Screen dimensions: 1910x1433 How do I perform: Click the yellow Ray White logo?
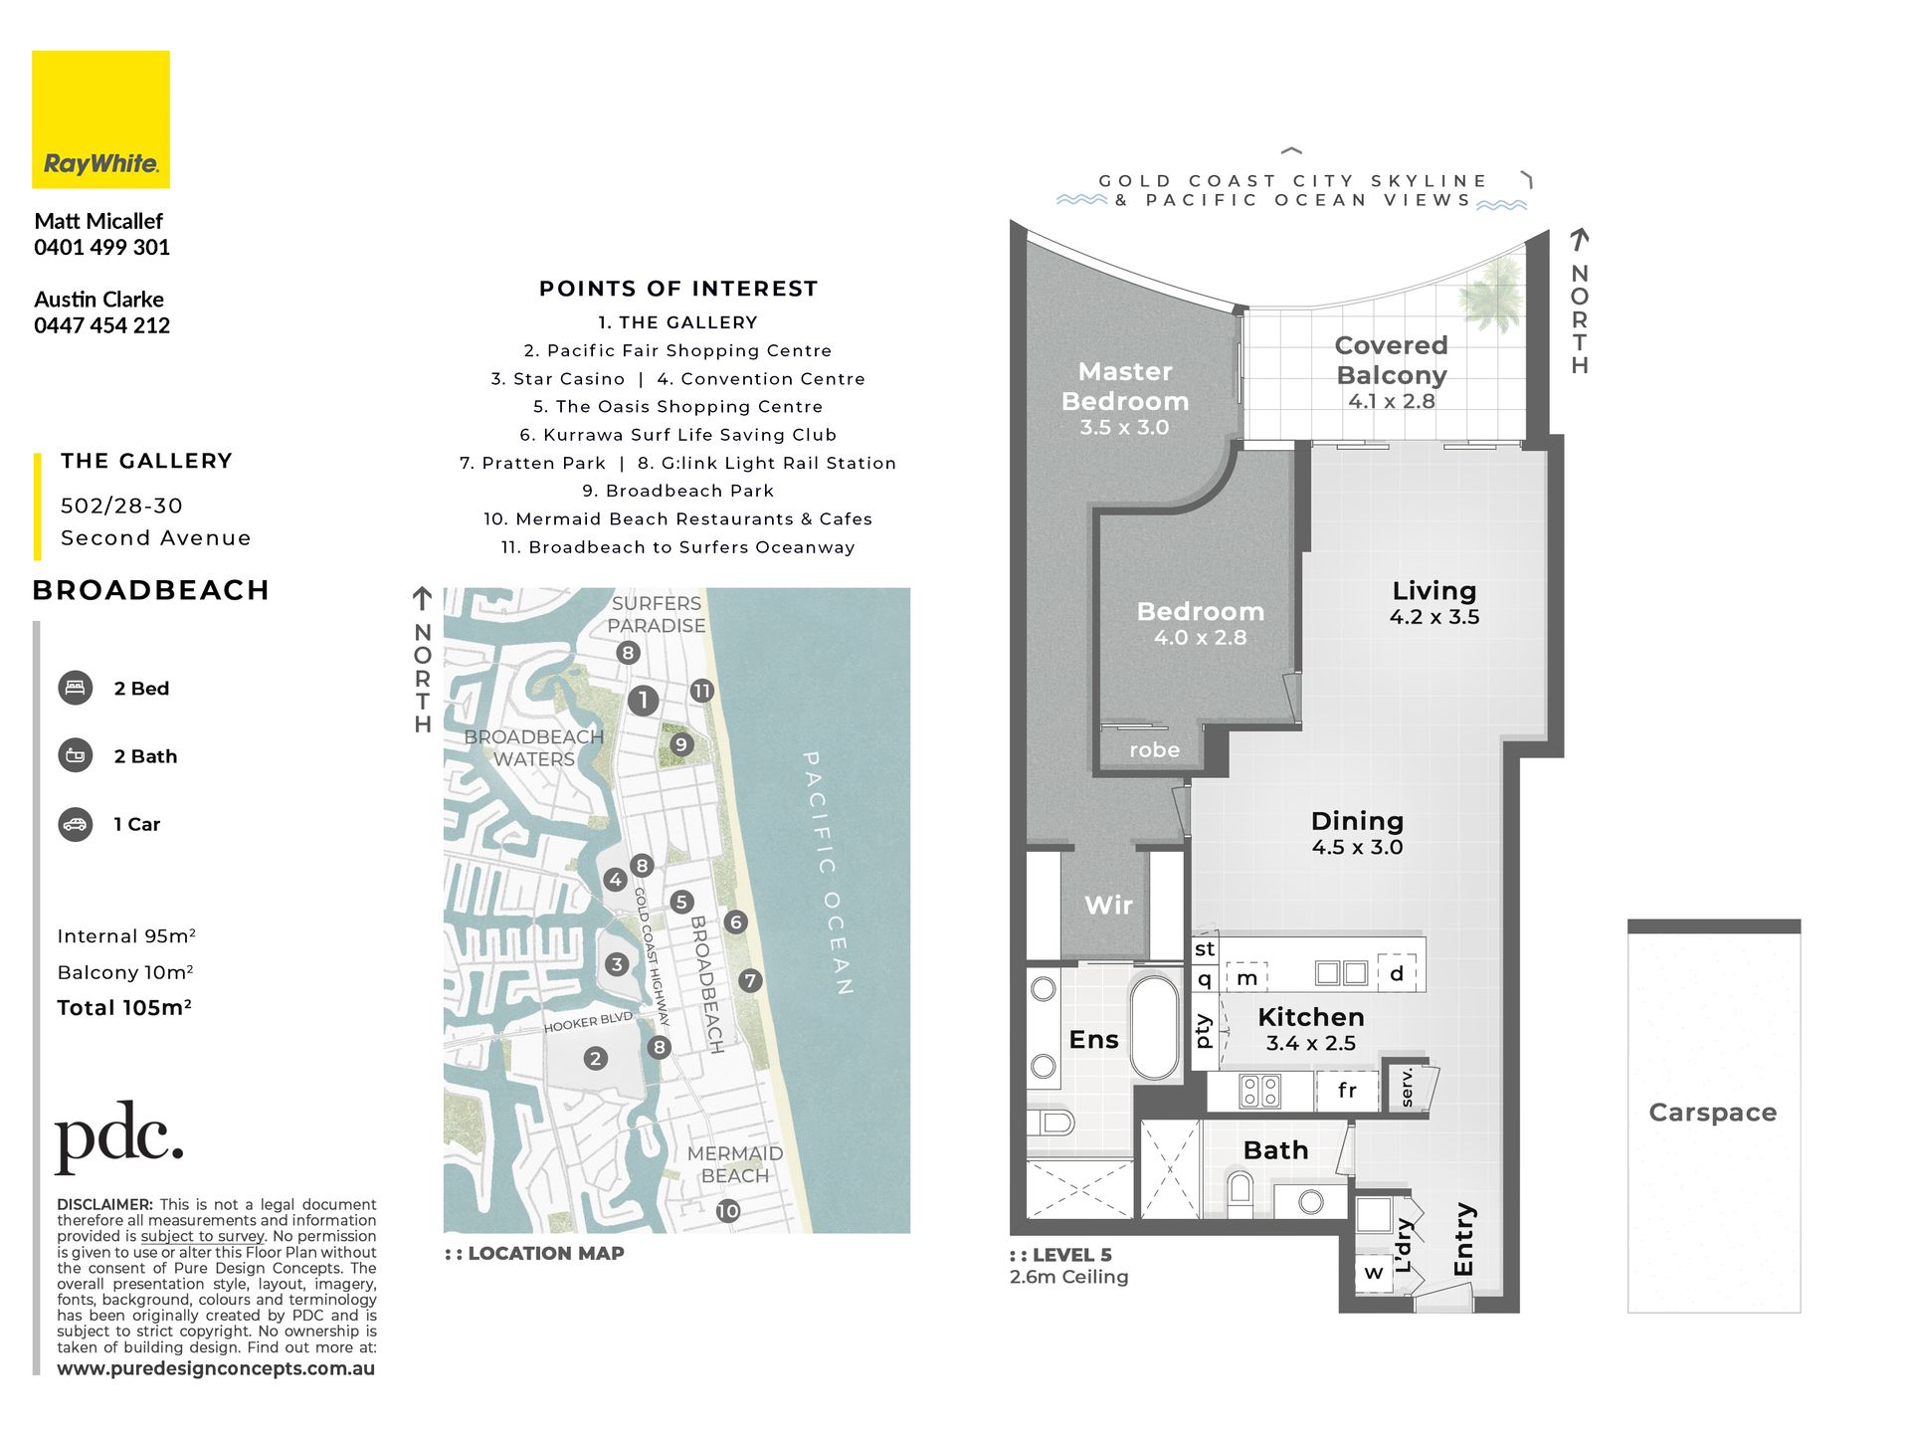click(x=100, y=119)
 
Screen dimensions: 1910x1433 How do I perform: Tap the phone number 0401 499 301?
click(x=101, y=247)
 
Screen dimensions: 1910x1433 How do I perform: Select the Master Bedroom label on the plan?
click(x=1125, y=386)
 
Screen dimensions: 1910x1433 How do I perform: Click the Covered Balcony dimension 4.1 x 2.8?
click(x=1392, y=401)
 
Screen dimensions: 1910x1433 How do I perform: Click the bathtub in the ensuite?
click(x=1154, y=1028)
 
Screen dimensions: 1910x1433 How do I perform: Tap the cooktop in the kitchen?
click(x=1260, y=1092)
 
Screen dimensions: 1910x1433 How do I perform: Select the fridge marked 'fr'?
click(x=1347, y=1091)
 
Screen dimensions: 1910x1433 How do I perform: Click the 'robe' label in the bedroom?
click(x=1154, y=750)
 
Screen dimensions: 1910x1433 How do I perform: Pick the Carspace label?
click(x=1712, y=1113)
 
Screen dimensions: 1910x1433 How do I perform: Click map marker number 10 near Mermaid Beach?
click(x=728, y=1211)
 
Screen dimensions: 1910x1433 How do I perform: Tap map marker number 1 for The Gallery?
click(x=644, y=701)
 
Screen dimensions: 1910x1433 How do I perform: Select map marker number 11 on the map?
click(x=702, y=691)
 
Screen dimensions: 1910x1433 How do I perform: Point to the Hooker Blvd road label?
click(x=588, y=1022)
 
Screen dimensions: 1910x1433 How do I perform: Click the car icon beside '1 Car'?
click(x=76, y=824)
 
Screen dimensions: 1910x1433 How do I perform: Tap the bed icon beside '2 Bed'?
click(x=76, y=688)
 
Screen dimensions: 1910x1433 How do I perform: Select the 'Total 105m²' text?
click(x=124, y=1007)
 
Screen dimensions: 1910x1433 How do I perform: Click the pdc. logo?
click(x=119, y=1136)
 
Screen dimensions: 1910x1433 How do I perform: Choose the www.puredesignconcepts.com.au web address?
click(x=216, y=1368)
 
